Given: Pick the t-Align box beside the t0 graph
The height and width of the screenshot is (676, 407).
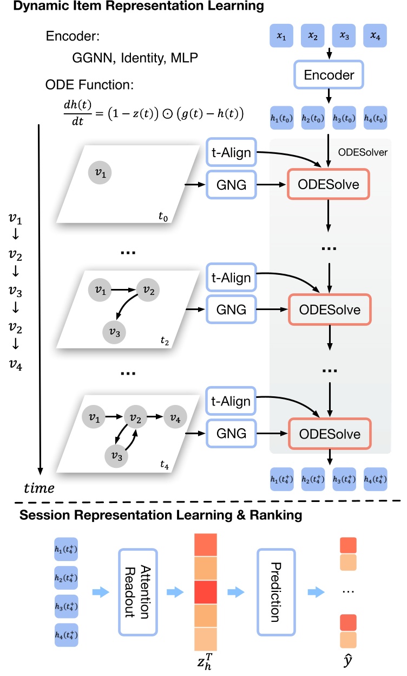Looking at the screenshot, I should pos(230,153).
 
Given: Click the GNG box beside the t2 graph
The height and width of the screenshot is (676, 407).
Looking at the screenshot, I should pos(230,310).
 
